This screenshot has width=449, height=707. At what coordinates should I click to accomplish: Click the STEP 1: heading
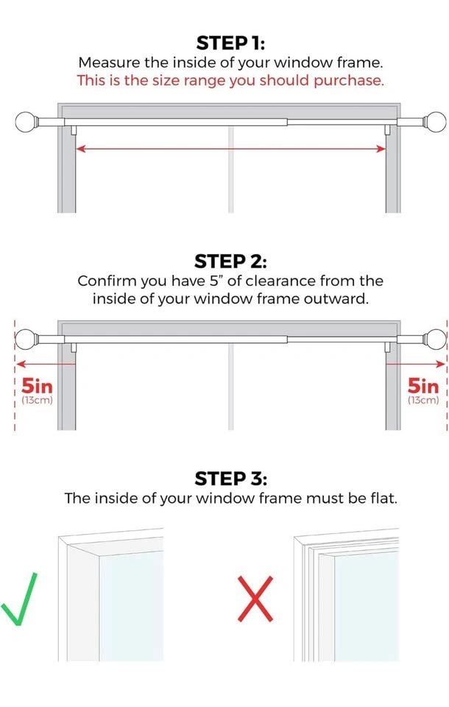tap(230, 43)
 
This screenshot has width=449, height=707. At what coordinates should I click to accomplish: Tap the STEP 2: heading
tap(230, 261)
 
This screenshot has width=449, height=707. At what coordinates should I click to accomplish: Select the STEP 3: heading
tap(230, 479)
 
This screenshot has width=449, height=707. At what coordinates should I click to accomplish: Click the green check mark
tap(19, 599)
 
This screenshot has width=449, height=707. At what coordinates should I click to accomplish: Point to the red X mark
tap(255, 599)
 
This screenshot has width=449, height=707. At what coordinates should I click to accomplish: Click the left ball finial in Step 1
tap(26, 122)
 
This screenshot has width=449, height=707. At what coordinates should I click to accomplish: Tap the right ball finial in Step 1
tap(436, 122)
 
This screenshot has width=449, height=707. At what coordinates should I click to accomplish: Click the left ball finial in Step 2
tap(26, 340)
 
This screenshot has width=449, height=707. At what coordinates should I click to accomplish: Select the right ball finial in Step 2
tap(436, 340)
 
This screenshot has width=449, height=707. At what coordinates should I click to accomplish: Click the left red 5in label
tap(37, 386)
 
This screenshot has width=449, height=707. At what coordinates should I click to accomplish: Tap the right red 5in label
tap(423, 386)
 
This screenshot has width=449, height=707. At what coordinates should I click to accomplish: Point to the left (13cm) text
tap(37, 401)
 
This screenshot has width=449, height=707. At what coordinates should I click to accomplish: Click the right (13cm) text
tap(423, 401)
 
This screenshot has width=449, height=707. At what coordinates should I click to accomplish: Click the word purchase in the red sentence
tap(348, 81)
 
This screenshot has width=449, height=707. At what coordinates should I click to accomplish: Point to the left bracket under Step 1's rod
tap(74, 130)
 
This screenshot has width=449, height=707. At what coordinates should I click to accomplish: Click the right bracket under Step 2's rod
tap(387, 348)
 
